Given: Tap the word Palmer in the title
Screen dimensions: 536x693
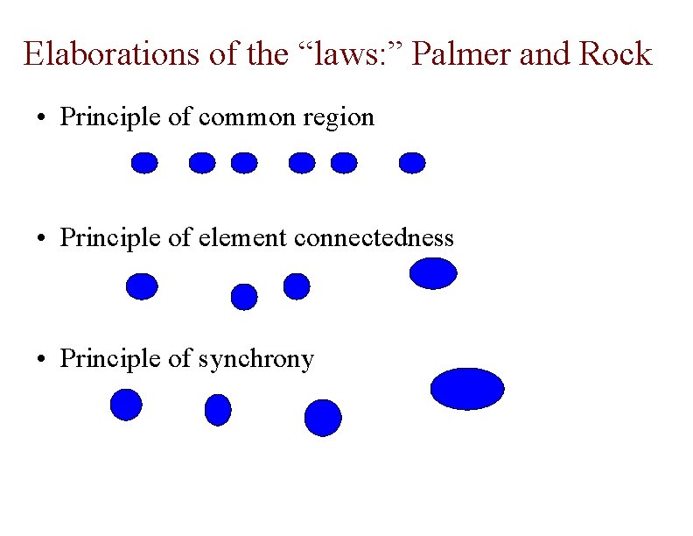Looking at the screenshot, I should pyautogui.click(x=461, y=54).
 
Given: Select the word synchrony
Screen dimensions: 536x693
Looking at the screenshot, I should pyautogui.click(x=255, y=358).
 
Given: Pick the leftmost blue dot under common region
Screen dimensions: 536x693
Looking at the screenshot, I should pyautogui.click(x=144, y=163).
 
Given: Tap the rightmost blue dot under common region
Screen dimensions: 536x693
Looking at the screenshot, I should pyautogui.click(x=411, y=163).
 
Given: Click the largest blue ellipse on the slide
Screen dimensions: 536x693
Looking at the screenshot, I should pyautogui.click(x=468, y=389).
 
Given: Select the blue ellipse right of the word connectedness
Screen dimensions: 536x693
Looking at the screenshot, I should pyautogui.click(x=433, y=272).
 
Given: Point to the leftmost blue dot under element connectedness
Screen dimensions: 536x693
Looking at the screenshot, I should pyautogui.click(x=142, y=286).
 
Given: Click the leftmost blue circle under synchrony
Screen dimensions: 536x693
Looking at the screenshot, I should pyautogui.click(x=126, y=405).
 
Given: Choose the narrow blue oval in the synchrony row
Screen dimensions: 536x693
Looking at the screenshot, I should pyautogui.click(x=218, y=409).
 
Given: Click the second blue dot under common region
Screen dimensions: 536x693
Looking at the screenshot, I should pyautogui.click(x=202, y=163).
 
